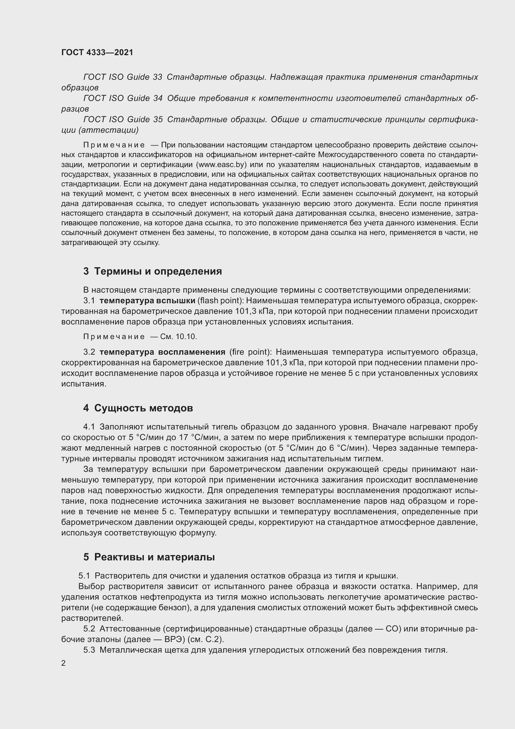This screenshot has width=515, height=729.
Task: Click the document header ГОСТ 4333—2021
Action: (x=97, y=52)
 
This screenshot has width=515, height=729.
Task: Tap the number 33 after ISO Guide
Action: (x=158, y=77)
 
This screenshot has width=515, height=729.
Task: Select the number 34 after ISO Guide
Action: (x=158, y=98)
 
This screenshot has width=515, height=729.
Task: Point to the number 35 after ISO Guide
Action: (x=158, y=119)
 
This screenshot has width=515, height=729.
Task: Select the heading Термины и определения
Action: (x=158, y=271)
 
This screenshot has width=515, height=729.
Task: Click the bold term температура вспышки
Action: (x=147, y=301)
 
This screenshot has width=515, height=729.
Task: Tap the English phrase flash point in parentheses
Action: (x=220, y=301)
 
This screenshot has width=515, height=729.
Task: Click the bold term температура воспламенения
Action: (x=162, y=352)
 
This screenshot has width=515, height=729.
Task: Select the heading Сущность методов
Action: (x=143, y=408)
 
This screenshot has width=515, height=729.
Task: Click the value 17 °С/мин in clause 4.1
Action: (x=198, y=438)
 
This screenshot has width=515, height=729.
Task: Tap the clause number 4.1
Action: (x=89, y=427)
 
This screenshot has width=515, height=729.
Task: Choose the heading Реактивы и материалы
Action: (x=154, y=557)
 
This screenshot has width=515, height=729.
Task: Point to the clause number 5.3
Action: (x=89, y=650)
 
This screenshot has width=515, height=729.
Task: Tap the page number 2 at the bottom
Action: (x=64, y=663)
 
